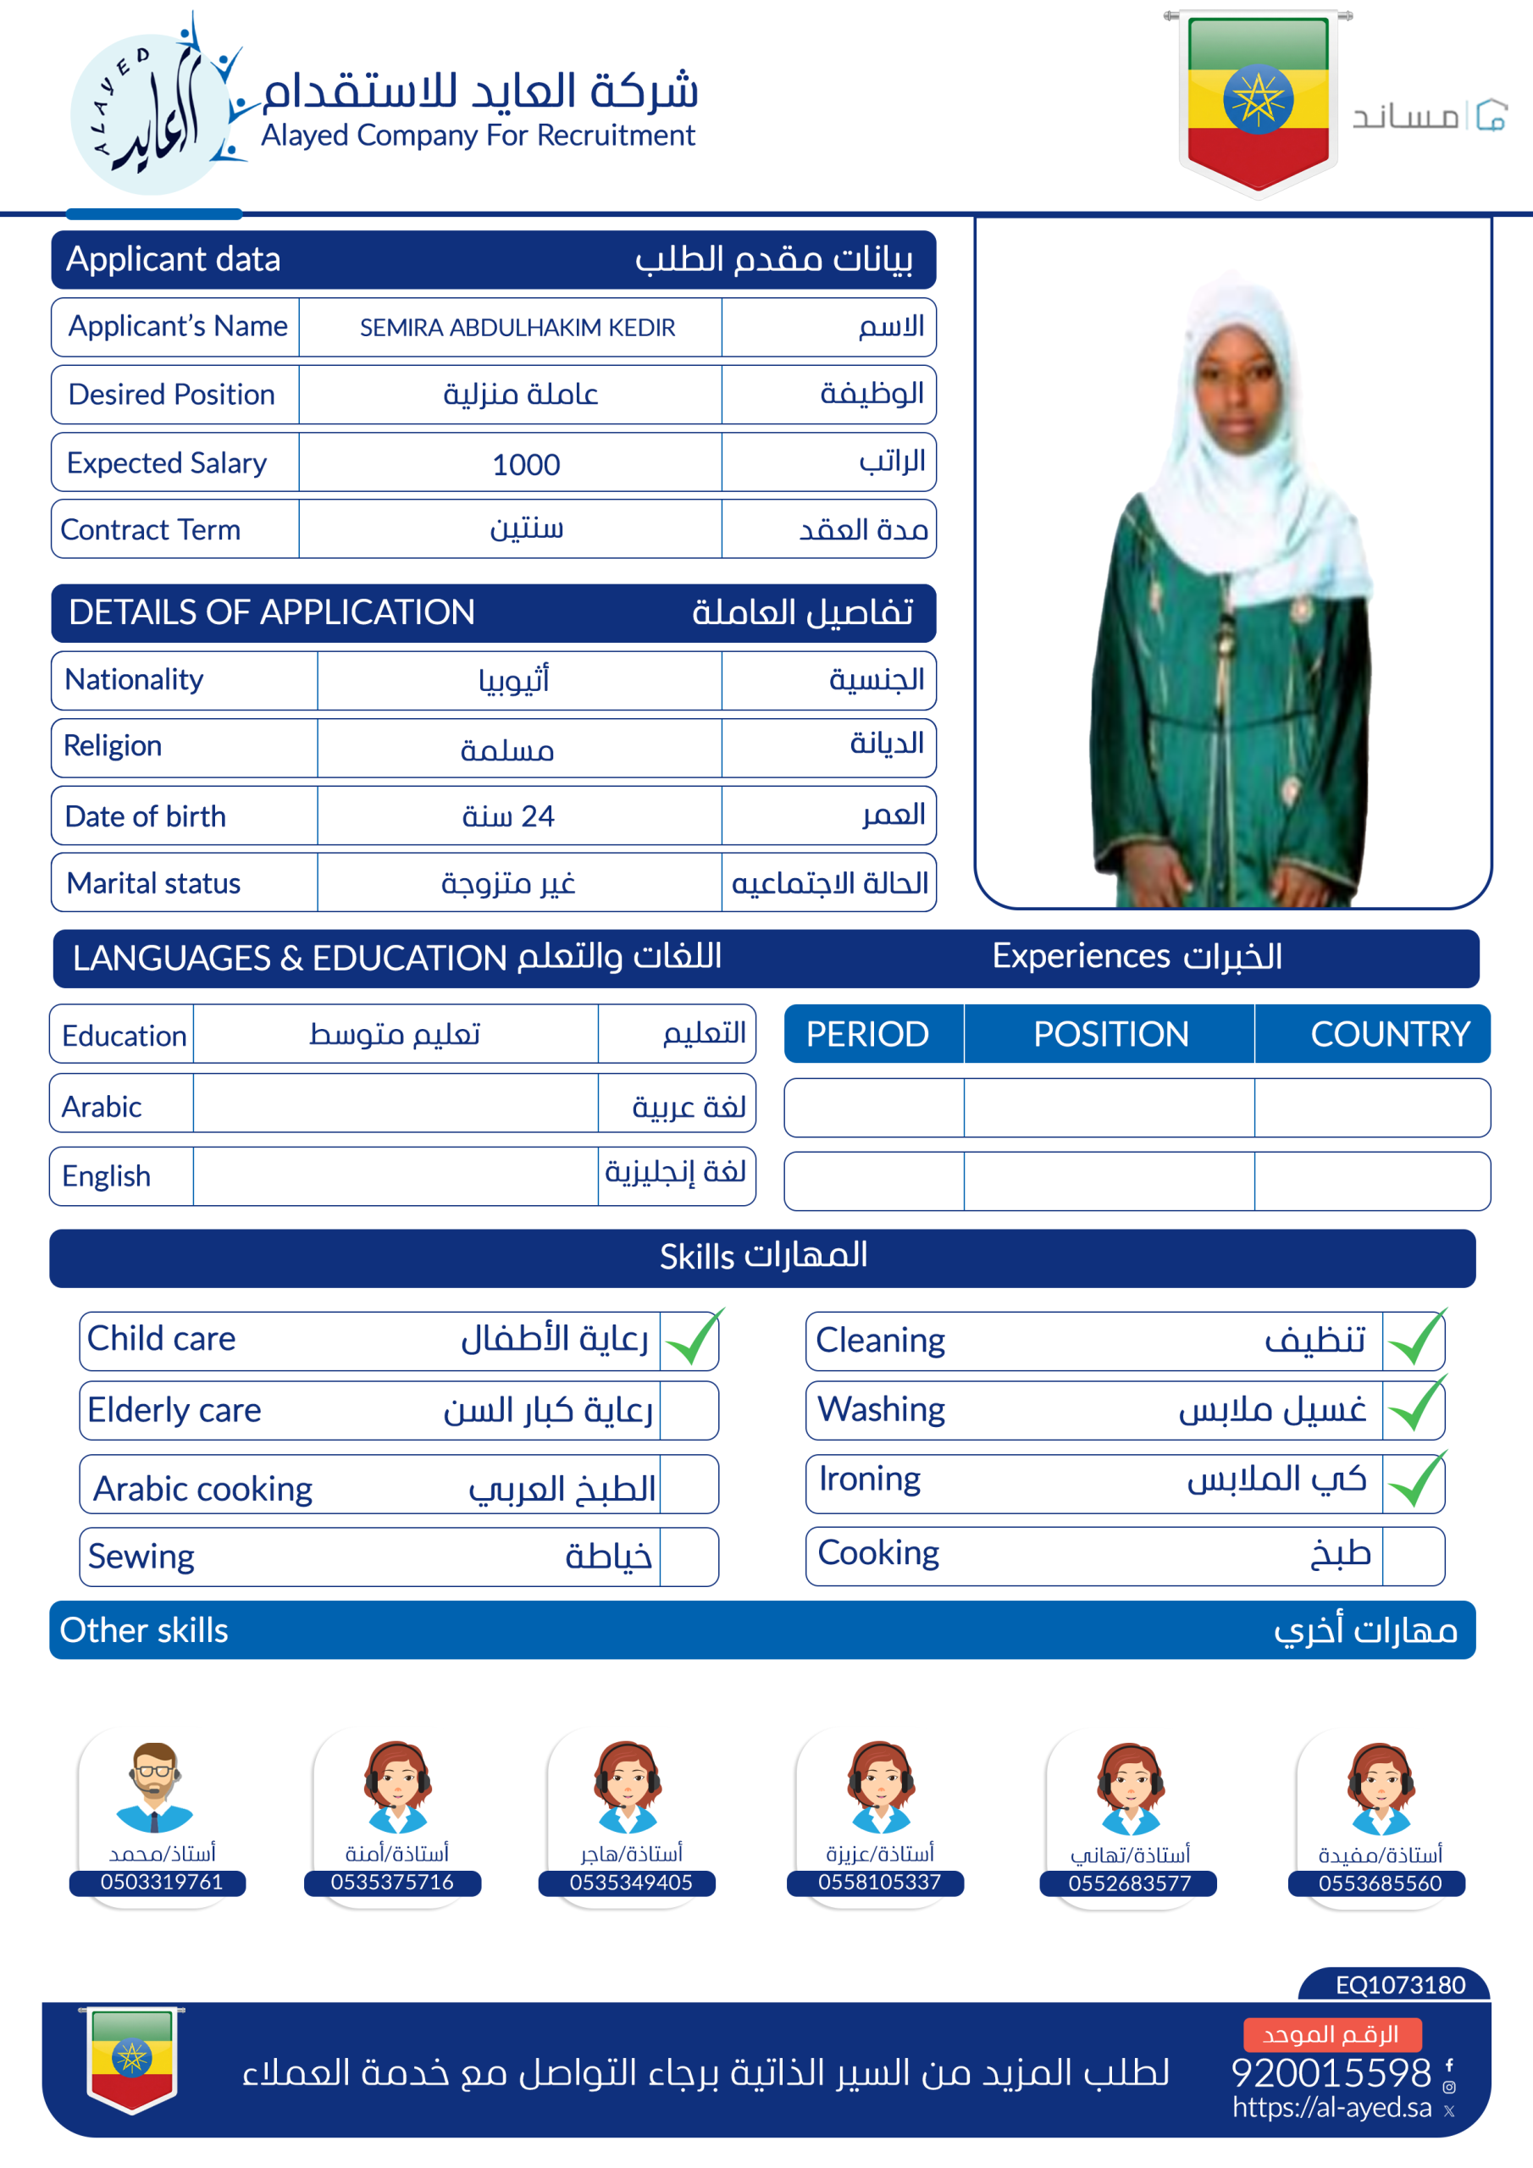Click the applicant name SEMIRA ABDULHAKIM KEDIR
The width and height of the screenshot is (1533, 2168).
(517, 328)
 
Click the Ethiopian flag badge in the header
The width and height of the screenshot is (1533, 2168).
(1257, 102)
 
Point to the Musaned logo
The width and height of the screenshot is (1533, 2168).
(1429, 115)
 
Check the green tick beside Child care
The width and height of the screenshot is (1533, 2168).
(692, 1339)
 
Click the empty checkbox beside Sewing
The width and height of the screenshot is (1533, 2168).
(689, 1556)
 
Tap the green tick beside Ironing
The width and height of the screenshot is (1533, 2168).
(1415, 1480)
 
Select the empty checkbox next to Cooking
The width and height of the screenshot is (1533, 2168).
(1412, 1555)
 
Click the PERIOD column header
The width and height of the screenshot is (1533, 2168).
(867, 1034)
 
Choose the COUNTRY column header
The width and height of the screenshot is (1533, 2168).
(1388, 1034)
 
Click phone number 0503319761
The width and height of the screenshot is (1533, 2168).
(162, 1882)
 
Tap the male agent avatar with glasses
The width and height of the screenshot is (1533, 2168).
(155, 1787)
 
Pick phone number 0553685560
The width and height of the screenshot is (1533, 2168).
(1379, 1883)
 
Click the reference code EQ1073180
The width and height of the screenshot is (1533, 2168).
(1399, 1985)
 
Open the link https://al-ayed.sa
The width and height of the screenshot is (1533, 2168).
(1331, 2108)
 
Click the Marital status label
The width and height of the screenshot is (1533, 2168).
(154, 883)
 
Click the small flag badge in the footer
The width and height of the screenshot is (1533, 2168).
(132, 2060)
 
